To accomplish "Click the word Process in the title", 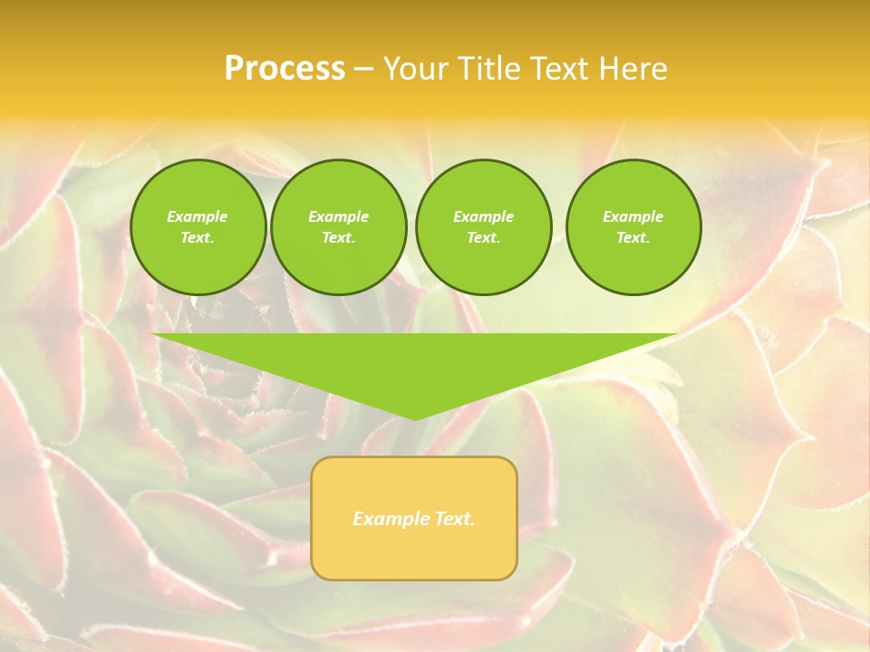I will click(x=285, y=69).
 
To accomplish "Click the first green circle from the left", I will click(x=198, y=227).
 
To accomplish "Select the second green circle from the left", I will click(x=338, y=227).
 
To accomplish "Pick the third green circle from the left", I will click(x=483, y=227).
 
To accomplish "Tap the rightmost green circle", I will click(x=633, y=227).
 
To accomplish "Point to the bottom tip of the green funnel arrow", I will click(x=415, y=418).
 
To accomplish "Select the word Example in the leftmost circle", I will click(x=198, y=216).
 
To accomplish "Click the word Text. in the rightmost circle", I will click(x=633, y=238).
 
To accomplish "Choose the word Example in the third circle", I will click(x=483, y=216).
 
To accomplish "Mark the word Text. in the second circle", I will click(x=338, y=238).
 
